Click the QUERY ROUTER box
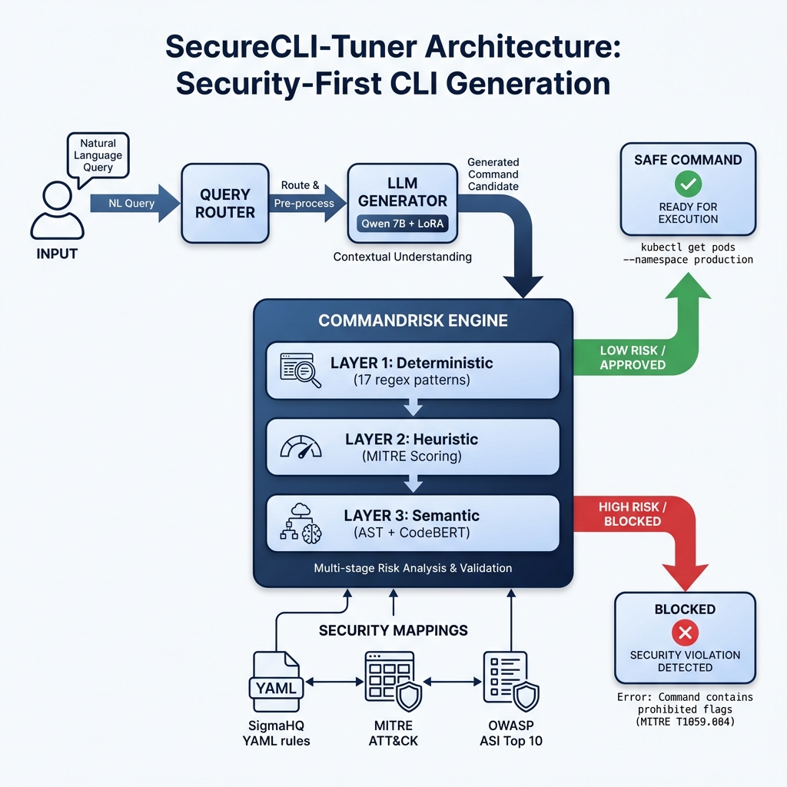[224, 204]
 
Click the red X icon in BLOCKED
[684, 633]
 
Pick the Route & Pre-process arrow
[303, 203]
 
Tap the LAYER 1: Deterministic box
[413, 370]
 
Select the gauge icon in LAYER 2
[300, 447]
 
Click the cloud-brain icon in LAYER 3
[301, 523]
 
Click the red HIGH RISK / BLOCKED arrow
[638, 530]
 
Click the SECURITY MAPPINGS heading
[393, 630]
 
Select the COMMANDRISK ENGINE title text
[413, 320]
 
